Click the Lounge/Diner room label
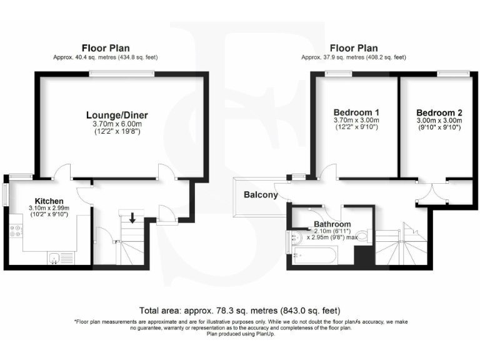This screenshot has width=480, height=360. (x=117, y=115)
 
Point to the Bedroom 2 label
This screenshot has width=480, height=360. (x=439, y=112)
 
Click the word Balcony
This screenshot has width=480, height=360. (x=261, y=195)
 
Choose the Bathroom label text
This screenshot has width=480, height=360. (x=332, y=224)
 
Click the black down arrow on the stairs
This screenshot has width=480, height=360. (x=132, y=218)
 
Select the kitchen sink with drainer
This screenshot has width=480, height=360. (x=61, y=257)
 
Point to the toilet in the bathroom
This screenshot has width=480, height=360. (x=368, y=236)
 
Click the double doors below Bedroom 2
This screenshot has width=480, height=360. (x=432, y=194)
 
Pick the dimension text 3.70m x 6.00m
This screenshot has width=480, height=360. (x=117, y=125)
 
